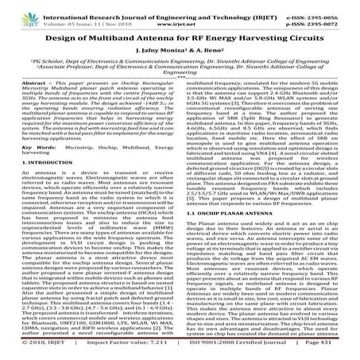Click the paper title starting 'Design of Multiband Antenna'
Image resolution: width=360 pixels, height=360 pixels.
[x=180, y=37]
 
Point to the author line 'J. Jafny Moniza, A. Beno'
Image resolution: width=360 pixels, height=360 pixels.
[x=180, y=53]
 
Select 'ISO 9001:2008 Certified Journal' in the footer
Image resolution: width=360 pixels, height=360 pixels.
[x=238, y=350]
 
